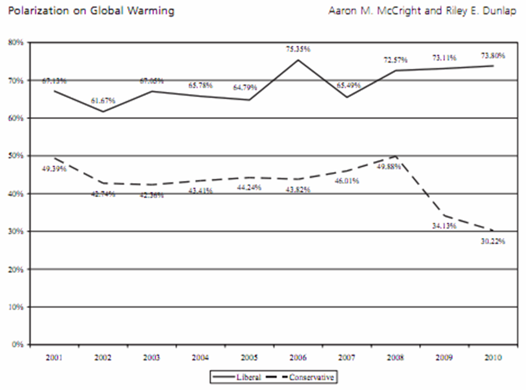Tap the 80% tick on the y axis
[x=16, y=42]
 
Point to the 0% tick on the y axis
[x=18, y=344]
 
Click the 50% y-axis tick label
[x=16, y=156]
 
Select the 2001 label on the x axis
[x=54, y=357]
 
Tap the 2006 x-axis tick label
[x=297, y=357]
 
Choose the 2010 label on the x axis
[x=492, y=357]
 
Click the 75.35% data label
[x=298, y=49]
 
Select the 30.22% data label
[x=493, y=242]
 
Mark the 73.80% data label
[x=493, y=55]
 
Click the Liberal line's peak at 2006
[x=298, y=59]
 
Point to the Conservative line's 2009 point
[x=444, y=216]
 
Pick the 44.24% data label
[x=249, y=187]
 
